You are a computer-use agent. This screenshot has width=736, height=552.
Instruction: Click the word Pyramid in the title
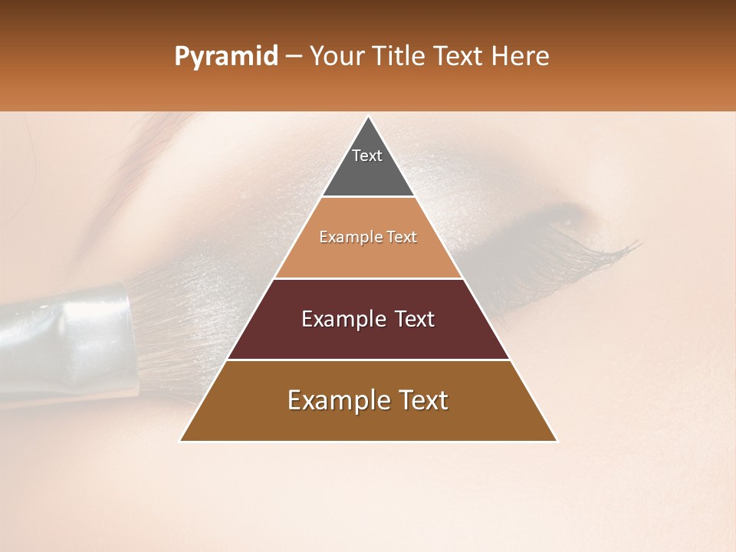click(x=225, y=57)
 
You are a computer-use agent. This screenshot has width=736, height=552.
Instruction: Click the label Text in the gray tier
click(x=367, y=156)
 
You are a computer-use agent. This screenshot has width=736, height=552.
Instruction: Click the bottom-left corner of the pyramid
click(x=181, y=441)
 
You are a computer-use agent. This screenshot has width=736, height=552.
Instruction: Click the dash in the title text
click(x=293, y=58)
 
